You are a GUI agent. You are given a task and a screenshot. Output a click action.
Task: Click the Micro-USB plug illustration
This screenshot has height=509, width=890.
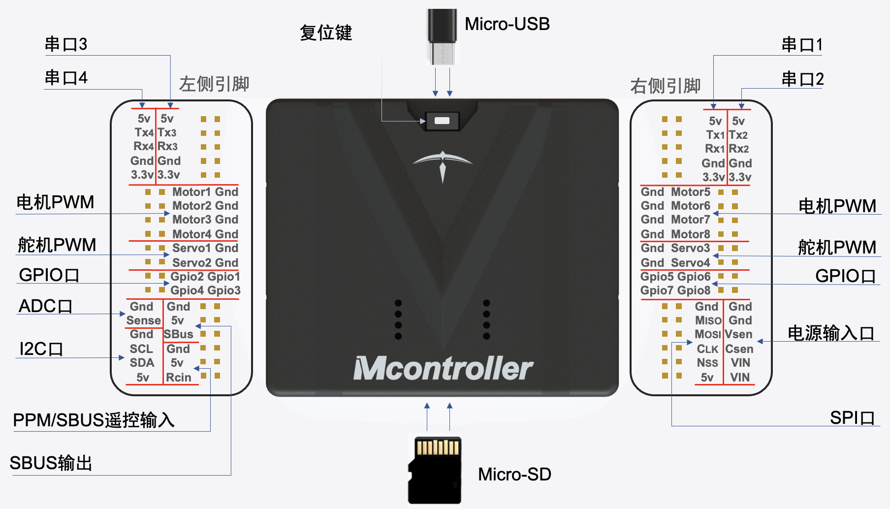pyautogui.click(x=442, y=36)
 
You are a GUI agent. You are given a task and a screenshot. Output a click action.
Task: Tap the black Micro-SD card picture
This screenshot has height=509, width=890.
pyautogui.click(x=435, y=470)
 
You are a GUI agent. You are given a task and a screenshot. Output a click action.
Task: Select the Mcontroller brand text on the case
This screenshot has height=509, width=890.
pyautogui.click(x=443, y=369)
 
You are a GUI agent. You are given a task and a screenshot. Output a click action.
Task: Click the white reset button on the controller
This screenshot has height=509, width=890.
pyautogui.click(x=442, y=121)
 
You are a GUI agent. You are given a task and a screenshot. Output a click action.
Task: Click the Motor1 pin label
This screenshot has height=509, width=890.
pyautogui.click(x=191, y=191)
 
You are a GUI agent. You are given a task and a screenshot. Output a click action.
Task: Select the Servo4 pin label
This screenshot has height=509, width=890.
pyautogui.click(x=691, y=262)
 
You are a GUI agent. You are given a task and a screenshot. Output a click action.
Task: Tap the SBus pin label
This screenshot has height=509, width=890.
pyautogui.click(x=178, y=334)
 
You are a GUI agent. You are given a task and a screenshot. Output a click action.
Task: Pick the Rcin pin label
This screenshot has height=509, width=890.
pyautogui.click(x=178, y=378)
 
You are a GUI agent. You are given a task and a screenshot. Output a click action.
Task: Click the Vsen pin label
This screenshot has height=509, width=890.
pyautogui.click(x=738, y=334)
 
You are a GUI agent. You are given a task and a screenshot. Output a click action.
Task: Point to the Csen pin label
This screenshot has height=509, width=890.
pyautogui.click(x=739, y=349)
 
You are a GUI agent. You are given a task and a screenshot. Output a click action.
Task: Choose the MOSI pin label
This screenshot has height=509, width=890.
pyautogui.click(x=708, y=334)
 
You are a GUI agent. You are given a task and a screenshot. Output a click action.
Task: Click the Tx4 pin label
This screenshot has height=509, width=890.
pyautogui.click(x=144, y=132)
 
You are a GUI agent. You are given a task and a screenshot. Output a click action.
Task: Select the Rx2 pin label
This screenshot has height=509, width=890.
pyautogui.click(x=738, y=149)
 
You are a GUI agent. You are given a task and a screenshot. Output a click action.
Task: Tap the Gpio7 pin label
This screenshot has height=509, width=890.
pyautogui.click(x=653, y=290)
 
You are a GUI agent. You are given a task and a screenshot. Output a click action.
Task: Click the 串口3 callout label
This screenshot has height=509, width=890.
pyautogui.click(x=66, y=44)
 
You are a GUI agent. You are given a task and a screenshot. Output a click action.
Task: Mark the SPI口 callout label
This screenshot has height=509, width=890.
pyautogui.click(x=852, y=417)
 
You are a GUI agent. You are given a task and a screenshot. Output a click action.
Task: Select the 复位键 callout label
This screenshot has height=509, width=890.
pyautogui.click(x=326, y=33)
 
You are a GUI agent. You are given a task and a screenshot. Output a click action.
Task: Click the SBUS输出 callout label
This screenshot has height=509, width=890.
pyautogui.click(x=51, y=463)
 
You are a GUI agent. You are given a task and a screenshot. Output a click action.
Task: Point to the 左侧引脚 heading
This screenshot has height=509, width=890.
pyautogui.click(x=214, y=84)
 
